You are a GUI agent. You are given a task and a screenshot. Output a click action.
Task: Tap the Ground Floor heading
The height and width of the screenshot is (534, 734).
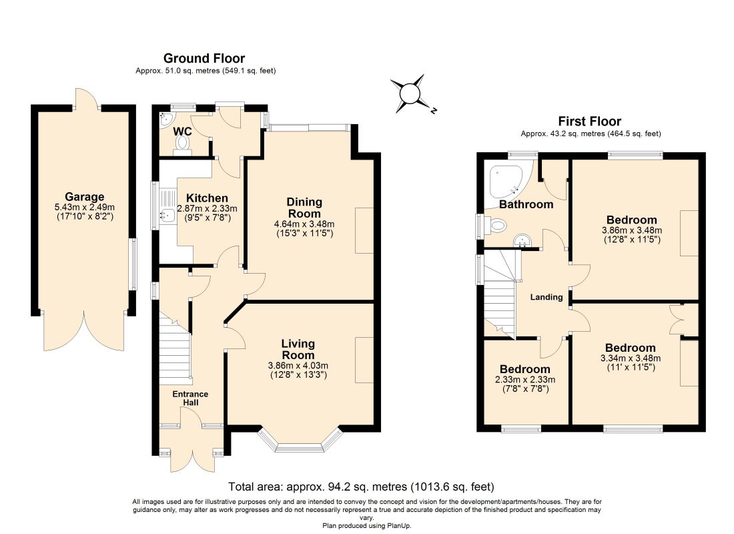click(204, 59)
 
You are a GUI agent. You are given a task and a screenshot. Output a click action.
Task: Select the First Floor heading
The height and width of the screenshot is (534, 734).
click(590, 121)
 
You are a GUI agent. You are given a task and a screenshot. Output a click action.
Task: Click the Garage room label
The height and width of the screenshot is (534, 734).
click(84, 197)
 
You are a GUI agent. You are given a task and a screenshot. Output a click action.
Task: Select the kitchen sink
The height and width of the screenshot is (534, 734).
click(167, 216)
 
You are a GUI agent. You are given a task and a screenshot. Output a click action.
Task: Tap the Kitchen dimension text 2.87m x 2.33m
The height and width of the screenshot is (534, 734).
click(207, 208)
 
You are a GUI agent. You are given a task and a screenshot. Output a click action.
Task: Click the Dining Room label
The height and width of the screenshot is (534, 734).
click(304, 208)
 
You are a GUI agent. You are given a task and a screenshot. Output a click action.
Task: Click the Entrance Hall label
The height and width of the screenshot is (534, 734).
click(191, 398)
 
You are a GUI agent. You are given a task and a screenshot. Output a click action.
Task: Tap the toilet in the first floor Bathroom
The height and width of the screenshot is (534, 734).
click(495, 226)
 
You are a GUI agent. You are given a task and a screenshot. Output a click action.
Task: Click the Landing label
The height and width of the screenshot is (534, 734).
click(546, 297)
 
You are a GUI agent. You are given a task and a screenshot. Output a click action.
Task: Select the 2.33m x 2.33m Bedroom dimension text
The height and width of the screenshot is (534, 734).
click(525, 379)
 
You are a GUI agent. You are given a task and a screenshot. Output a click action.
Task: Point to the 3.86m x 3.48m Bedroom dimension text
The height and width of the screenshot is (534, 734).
click(632, 230)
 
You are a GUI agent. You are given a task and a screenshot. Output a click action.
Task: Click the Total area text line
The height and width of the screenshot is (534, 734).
click(361, 487)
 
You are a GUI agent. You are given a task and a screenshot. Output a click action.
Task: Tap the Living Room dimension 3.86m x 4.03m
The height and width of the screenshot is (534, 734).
click(298, 366)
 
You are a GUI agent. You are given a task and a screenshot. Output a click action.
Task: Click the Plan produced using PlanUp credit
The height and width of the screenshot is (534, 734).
click(367, 526)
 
